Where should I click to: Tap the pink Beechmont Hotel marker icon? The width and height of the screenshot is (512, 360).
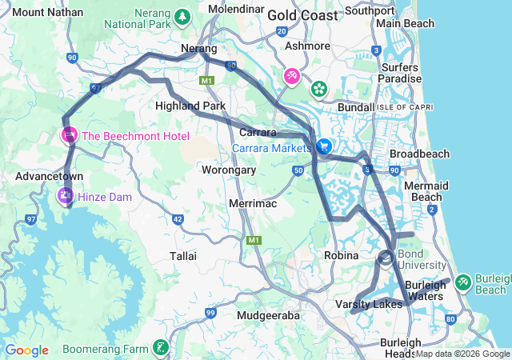[70, 136]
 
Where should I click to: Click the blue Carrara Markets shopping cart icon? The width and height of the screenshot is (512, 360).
[324, 147]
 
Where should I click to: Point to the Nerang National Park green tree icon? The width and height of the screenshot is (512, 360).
[182, 15]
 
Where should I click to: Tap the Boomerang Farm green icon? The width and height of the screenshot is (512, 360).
[162, 348]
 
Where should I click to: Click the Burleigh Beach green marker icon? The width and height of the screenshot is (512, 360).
[463, 282]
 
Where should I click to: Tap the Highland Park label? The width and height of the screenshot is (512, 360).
[190, 106]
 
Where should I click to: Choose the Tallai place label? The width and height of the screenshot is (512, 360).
[183, 255]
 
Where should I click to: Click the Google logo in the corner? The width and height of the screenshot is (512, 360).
[26, 350]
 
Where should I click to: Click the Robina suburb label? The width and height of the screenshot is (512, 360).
[342, 255]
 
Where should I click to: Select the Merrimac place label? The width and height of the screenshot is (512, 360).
[252, 205]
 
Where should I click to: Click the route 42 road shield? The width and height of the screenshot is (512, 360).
[178, 218]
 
